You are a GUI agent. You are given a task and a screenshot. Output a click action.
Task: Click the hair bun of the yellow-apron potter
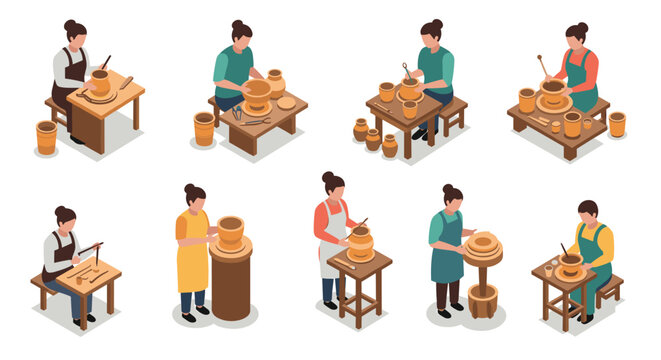coord(188,188)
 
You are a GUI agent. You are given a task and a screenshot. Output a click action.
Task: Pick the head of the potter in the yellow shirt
coord(588,213)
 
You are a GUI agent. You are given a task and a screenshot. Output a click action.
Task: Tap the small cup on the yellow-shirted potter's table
coord(549,270)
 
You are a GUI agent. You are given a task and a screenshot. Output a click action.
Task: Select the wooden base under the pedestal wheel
coord(483,300)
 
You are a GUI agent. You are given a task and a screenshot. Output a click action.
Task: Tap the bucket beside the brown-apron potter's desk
coord(46,136)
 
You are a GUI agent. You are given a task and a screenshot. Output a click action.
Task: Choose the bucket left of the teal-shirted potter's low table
coord(204,128)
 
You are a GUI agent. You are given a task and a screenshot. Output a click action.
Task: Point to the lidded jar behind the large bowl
coord(276,81)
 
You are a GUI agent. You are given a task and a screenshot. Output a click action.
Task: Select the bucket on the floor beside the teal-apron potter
coord(617,124)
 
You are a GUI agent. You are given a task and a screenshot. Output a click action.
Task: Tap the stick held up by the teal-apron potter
coord(540,66)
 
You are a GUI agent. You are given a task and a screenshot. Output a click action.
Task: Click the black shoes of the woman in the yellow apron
coord(194,313)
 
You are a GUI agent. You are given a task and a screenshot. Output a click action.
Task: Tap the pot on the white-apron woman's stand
coord(360,241)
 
